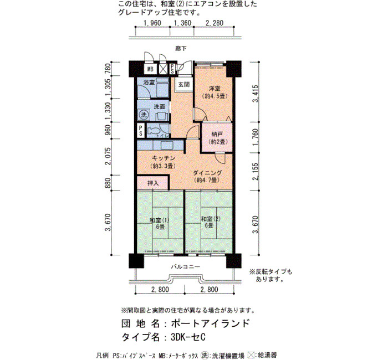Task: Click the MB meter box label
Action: (x=150, y=69)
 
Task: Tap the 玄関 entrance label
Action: (x=184, y=85)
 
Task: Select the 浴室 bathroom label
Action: (x=149, y=83)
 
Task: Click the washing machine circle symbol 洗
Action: (x=144, y=115)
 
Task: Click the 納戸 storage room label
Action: (x=217, y=135)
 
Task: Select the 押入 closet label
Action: (x=153, y=183)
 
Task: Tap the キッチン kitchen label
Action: (x=164, y=158)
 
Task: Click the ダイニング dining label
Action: (x=207, y=173)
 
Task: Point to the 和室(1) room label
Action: (x=160, y=220)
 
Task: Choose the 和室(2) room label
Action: (x=211, y=219)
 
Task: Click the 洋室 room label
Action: (x=215, y=89)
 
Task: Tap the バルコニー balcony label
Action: (x=186, y=267)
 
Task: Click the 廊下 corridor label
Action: (x=181, y=49)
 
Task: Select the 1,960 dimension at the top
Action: (x=152, y=23)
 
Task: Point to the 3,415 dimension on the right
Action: (x=256, y=94)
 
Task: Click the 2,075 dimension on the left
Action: (x=108, y=156)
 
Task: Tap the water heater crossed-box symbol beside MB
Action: (x=163, y=69)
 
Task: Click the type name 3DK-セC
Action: (x=188, y=337)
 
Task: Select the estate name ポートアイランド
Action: (x=210, y=323)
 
